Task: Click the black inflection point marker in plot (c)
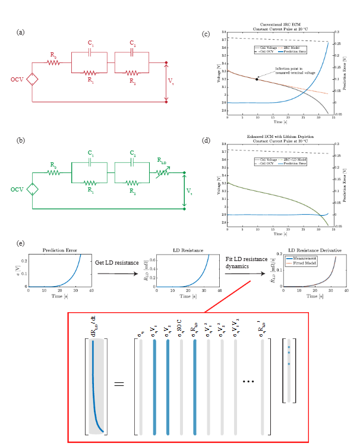click(x=257, y=79)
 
